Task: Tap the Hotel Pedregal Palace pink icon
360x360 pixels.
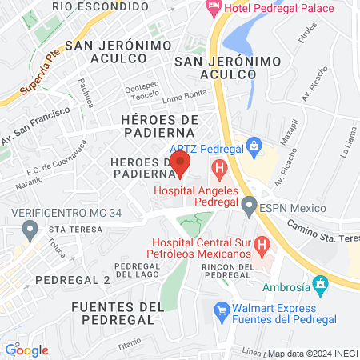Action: click(x=214, y=8)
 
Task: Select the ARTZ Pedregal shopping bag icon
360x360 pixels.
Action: click(x=254, y=146)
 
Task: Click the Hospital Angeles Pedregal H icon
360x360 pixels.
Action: click(x=218, y=170)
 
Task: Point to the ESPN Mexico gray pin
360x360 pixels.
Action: click(x=250, y=209)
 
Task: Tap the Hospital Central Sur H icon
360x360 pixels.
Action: click(x=260, y=244)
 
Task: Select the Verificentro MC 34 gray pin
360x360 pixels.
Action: click(x=30, y=232)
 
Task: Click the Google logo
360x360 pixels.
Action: click(x=26, y=350)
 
